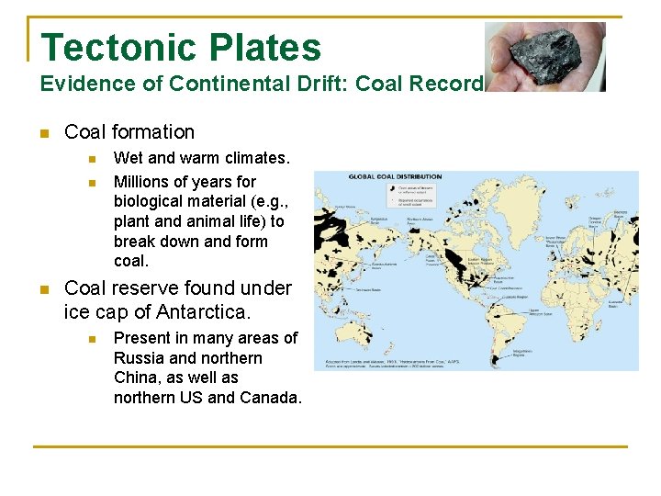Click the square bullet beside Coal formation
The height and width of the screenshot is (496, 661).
point(43,133)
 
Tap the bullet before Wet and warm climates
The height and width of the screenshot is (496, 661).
point(92,159)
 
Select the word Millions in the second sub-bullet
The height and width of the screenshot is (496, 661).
point(142,181)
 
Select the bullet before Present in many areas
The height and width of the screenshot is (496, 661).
point(92,338)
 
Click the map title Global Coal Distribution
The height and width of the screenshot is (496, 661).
point(395,176)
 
